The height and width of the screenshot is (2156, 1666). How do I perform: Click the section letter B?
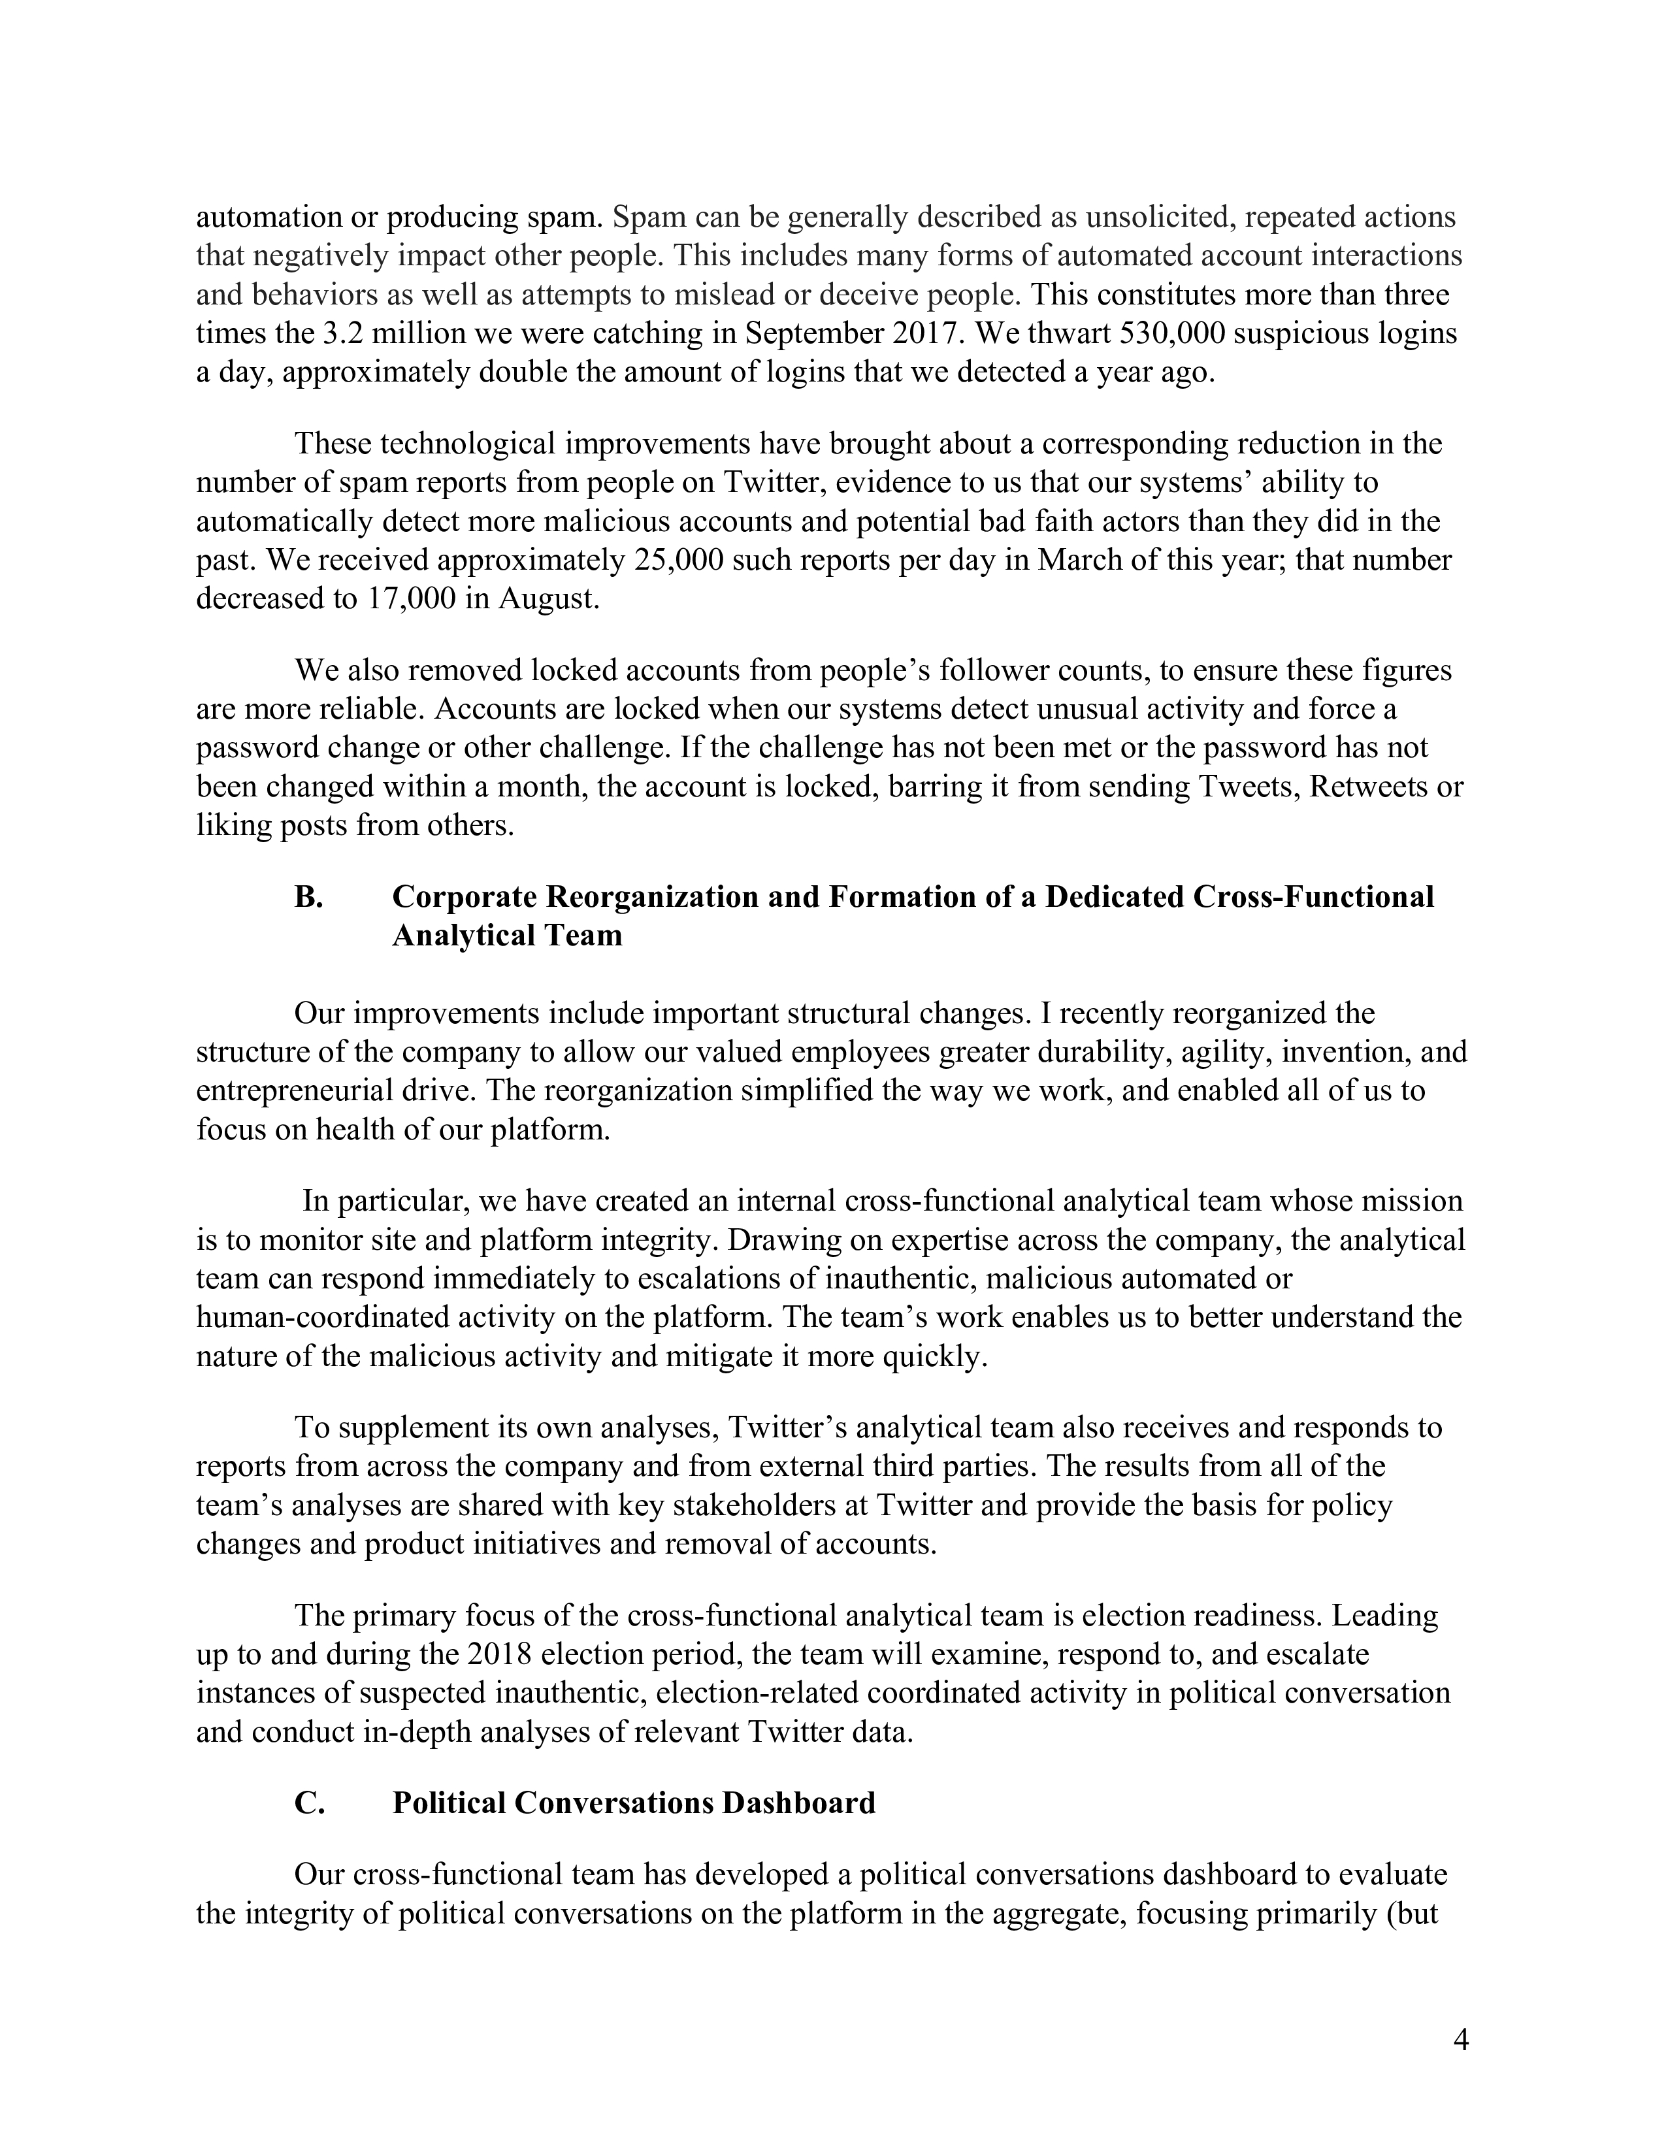pyautogui.click(x=309, y=896)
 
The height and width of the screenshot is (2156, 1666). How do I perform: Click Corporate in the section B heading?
pyautogui.click(x=464, y=896)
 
